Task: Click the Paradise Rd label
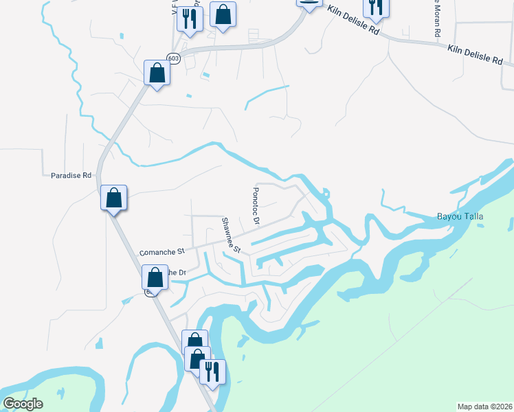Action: coord(71,175)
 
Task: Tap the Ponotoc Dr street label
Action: coord(256,207)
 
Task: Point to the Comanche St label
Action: coord(163,253)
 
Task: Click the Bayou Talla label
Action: coord(460,217)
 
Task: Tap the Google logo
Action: coord(23,404)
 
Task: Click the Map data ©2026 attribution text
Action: coord(484,407)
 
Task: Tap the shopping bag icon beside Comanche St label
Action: coord(155,277)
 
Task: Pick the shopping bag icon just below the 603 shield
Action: coord(157,72)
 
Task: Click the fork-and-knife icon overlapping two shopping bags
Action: coord(212,371)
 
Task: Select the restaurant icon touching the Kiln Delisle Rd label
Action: coord(376,6)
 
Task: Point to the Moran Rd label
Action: coord(436,18)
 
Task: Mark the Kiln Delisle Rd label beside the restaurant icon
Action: coord(354,21)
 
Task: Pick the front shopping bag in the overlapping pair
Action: coord(198,358)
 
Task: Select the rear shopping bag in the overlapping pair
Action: coord(194,341)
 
